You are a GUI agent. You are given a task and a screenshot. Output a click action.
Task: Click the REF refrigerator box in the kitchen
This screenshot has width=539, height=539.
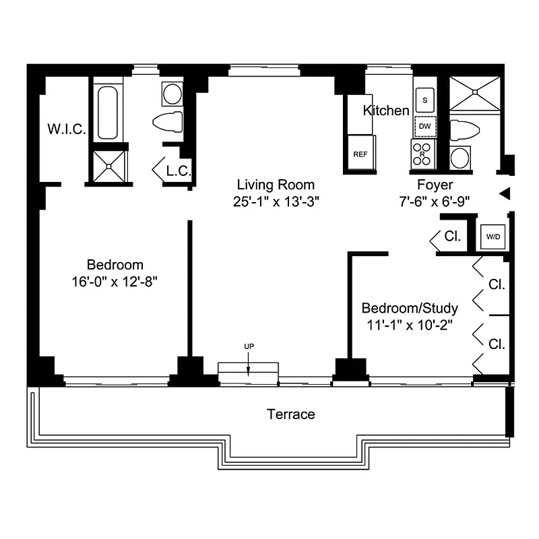coord(360,154)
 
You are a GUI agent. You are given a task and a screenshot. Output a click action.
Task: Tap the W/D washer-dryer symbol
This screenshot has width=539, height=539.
coord(493,237)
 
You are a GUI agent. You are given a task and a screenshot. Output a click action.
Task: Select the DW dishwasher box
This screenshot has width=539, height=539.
coord(424,126)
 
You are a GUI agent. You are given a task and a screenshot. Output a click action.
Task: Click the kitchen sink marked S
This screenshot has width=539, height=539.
coord(424,100)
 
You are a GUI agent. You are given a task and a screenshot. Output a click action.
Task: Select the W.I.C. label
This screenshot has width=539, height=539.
coord(66,129)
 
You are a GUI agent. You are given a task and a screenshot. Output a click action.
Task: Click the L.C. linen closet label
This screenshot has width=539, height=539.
coord(178,171)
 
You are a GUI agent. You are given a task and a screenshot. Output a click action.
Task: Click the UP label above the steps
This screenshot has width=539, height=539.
coord(249,346)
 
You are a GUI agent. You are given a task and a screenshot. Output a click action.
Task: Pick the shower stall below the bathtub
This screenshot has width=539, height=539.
coord(108,164)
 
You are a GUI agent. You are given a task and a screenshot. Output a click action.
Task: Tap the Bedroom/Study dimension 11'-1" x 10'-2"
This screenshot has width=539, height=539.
coord(410,325)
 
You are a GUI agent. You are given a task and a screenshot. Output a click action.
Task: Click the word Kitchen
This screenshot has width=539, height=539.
coord(386,110)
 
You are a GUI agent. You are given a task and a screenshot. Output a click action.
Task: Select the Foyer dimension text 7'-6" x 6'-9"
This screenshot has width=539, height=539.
coord(434,200)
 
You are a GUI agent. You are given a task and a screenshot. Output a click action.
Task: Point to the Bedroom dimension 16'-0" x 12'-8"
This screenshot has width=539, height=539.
coord(115,281)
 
